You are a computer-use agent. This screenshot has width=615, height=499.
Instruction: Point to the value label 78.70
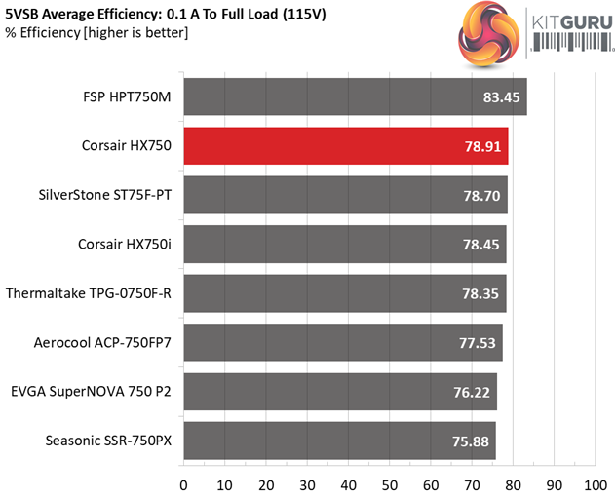(x=483, y=196)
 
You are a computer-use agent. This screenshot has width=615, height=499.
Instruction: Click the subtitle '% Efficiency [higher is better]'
(x=96, y=33)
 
